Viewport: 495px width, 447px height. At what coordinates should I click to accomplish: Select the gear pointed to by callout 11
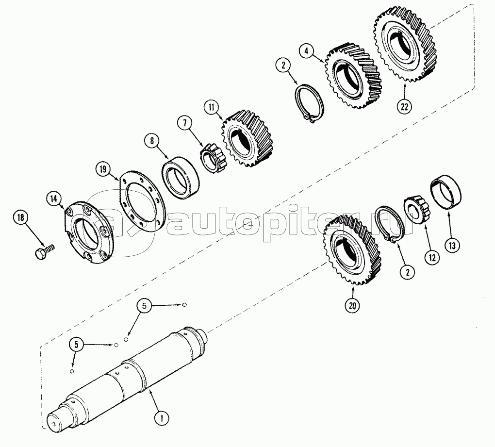pyautogui.click(x=248, y=138)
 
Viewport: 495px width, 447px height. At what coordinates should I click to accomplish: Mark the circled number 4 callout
pyautogui.click(x=307, y=50)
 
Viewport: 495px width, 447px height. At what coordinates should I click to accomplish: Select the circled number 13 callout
pyautogui.click(x=452, y=245)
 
